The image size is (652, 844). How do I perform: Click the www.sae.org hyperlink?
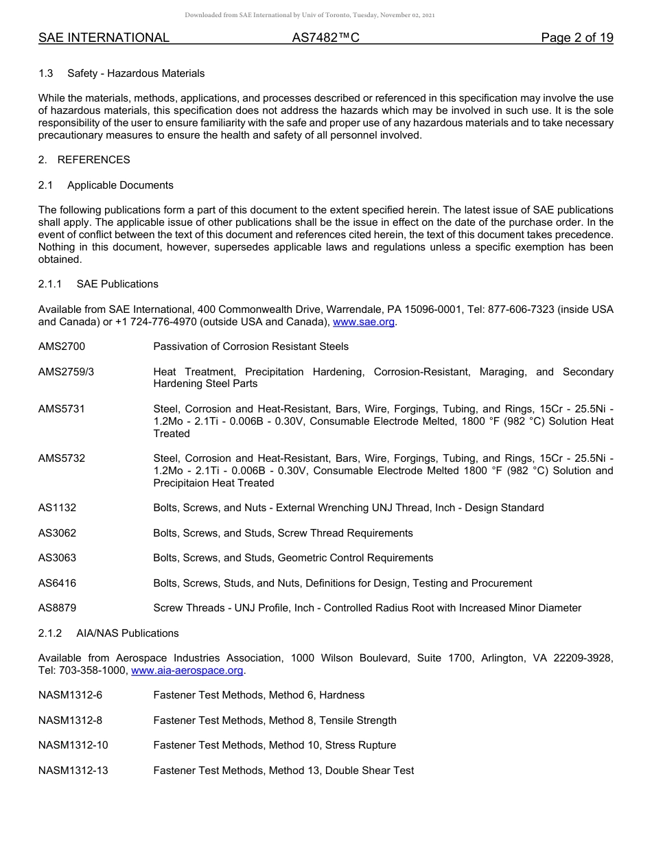tap(364, 322)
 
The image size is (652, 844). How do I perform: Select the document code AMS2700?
tap(62, 347)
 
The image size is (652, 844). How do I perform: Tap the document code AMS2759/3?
tap(67, 372)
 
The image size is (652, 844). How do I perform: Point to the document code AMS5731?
tap(62, 409)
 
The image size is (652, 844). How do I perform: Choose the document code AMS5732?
tap(62, 458)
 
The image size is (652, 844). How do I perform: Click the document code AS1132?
tap(58, 508)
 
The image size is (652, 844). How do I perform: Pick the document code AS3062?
tap(58, 533)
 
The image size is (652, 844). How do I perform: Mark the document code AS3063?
tap(58, 558)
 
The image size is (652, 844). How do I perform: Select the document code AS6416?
tap(58, 583)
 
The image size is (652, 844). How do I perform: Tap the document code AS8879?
tap(58, 608)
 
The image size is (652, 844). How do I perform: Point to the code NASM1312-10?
tap(73, 745)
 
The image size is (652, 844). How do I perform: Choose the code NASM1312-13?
tap(73, 771)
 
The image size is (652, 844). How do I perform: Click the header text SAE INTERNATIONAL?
tap(104, 38)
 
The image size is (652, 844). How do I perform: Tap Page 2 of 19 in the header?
tap(577, 38)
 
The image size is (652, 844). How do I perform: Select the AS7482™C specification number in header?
tap(325, 38)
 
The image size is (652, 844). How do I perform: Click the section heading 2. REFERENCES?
tap(84, 160)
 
